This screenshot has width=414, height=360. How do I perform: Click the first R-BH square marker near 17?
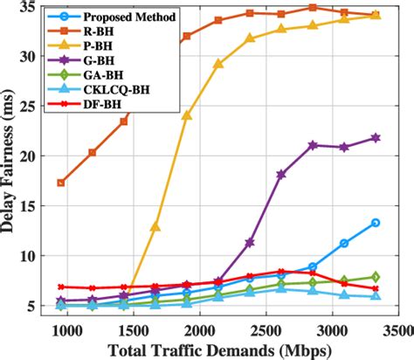[x=60, y=183]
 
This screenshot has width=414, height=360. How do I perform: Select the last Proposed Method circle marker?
[x=376, y=223]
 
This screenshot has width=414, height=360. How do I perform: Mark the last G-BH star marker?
[x=376, y=138]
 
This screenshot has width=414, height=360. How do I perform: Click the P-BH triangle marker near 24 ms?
[x=187, y=115]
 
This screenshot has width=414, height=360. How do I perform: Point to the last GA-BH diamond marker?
[x=376, y=277]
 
